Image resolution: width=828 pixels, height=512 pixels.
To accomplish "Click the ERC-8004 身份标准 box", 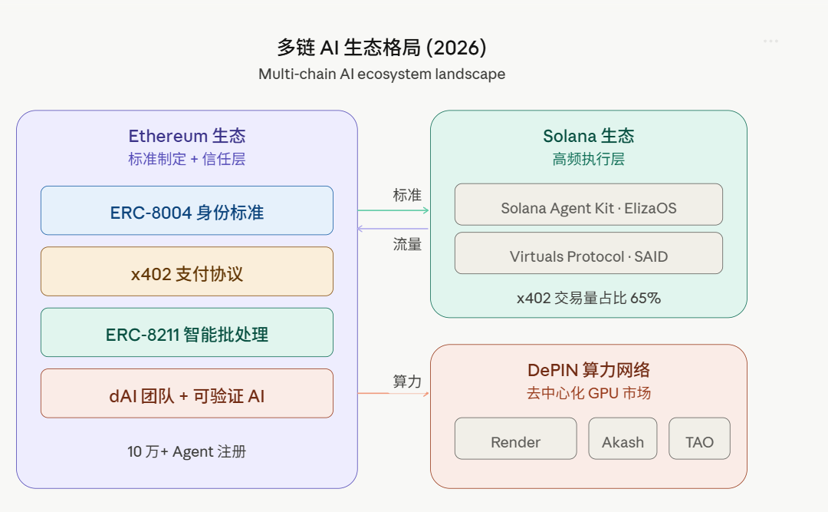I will (x=186, y=210).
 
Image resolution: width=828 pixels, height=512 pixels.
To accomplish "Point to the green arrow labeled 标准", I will (x=393, y=210).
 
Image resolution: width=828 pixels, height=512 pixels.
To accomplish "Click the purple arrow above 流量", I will (x=393, y=229).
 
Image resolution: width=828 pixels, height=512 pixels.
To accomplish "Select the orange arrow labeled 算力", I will (x=393, y=394).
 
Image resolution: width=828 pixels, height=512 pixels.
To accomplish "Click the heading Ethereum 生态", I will (x=187, y=137).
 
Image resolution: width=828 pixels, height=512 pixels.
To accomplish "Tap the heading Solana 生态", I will (x=588, y=137).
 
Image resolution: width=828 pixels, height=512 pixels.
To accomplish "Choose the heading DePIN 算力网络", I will (x=588, y=370).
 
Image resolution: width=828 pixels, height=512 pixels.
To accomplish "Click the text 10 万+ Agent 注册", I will (x=186, y=451).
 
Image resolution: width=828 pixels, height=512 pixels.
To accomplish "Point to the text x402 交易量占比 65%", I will (x=588, y=298).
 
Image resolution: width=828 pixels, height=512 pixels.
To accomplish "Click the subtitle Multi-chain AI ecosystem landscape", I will (x=381, y=74).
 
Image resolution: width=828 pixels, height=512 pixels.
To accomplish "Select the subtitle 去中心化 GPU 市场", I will (x=588, y=394).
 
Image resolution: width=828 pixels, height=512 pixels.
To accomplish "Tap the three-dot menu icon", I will (x=770, y=41).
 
